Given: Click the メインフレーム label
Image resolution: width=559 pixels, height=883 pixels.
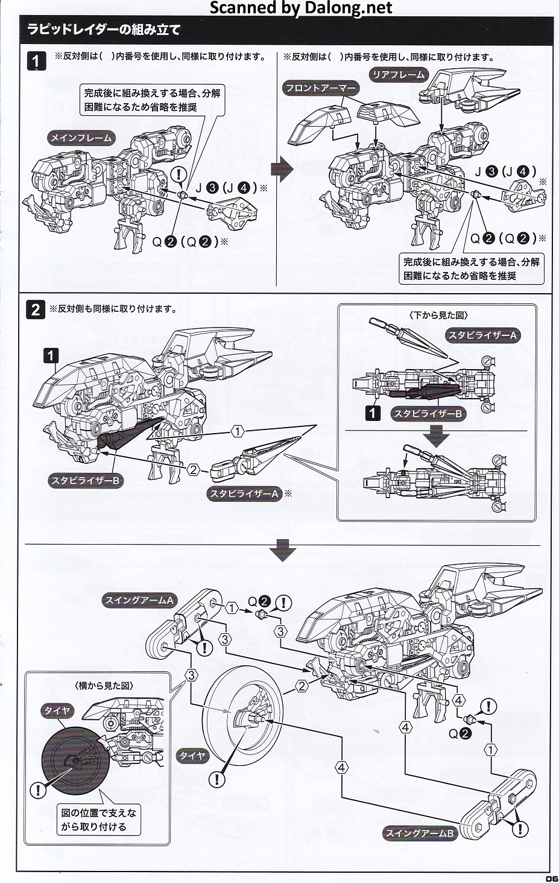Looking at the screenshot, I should point(81,138).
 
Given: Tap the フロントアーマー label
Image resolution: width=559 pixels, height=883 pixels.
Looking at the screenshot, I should point(321,88).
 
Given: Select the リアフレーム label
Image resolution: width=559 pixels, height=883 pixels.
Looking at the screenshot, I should point(398,75).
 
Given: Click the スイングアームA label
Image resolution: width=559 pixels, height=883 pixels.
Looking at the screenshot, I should point(139,600).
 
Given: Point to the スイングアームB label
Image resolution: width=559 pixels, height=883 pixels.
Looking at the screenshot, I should point(420,834).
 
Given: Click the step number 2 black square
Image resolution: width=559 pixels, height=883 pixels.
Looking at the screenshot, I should point(36,310).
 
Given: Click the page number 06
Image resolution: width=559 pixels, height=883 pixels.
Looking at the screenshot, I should point(551,878).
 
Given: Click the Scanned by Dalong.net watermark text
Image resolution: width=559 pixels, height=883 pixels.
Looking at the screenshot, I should point(301,8).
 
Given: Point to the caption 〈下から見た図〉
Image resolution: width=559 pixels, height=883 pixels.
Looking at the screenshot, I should point(438,315).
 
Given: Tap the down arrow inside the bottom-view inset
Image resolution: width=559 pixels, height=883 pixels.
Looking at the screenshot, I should point(436,435).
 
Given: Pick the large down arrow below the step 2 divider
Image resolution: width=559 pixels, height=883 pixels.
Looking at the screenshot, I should point(282,551).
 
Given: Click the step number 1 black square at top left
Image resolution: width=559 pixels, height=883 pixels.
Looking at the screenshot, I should point(37,62).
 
